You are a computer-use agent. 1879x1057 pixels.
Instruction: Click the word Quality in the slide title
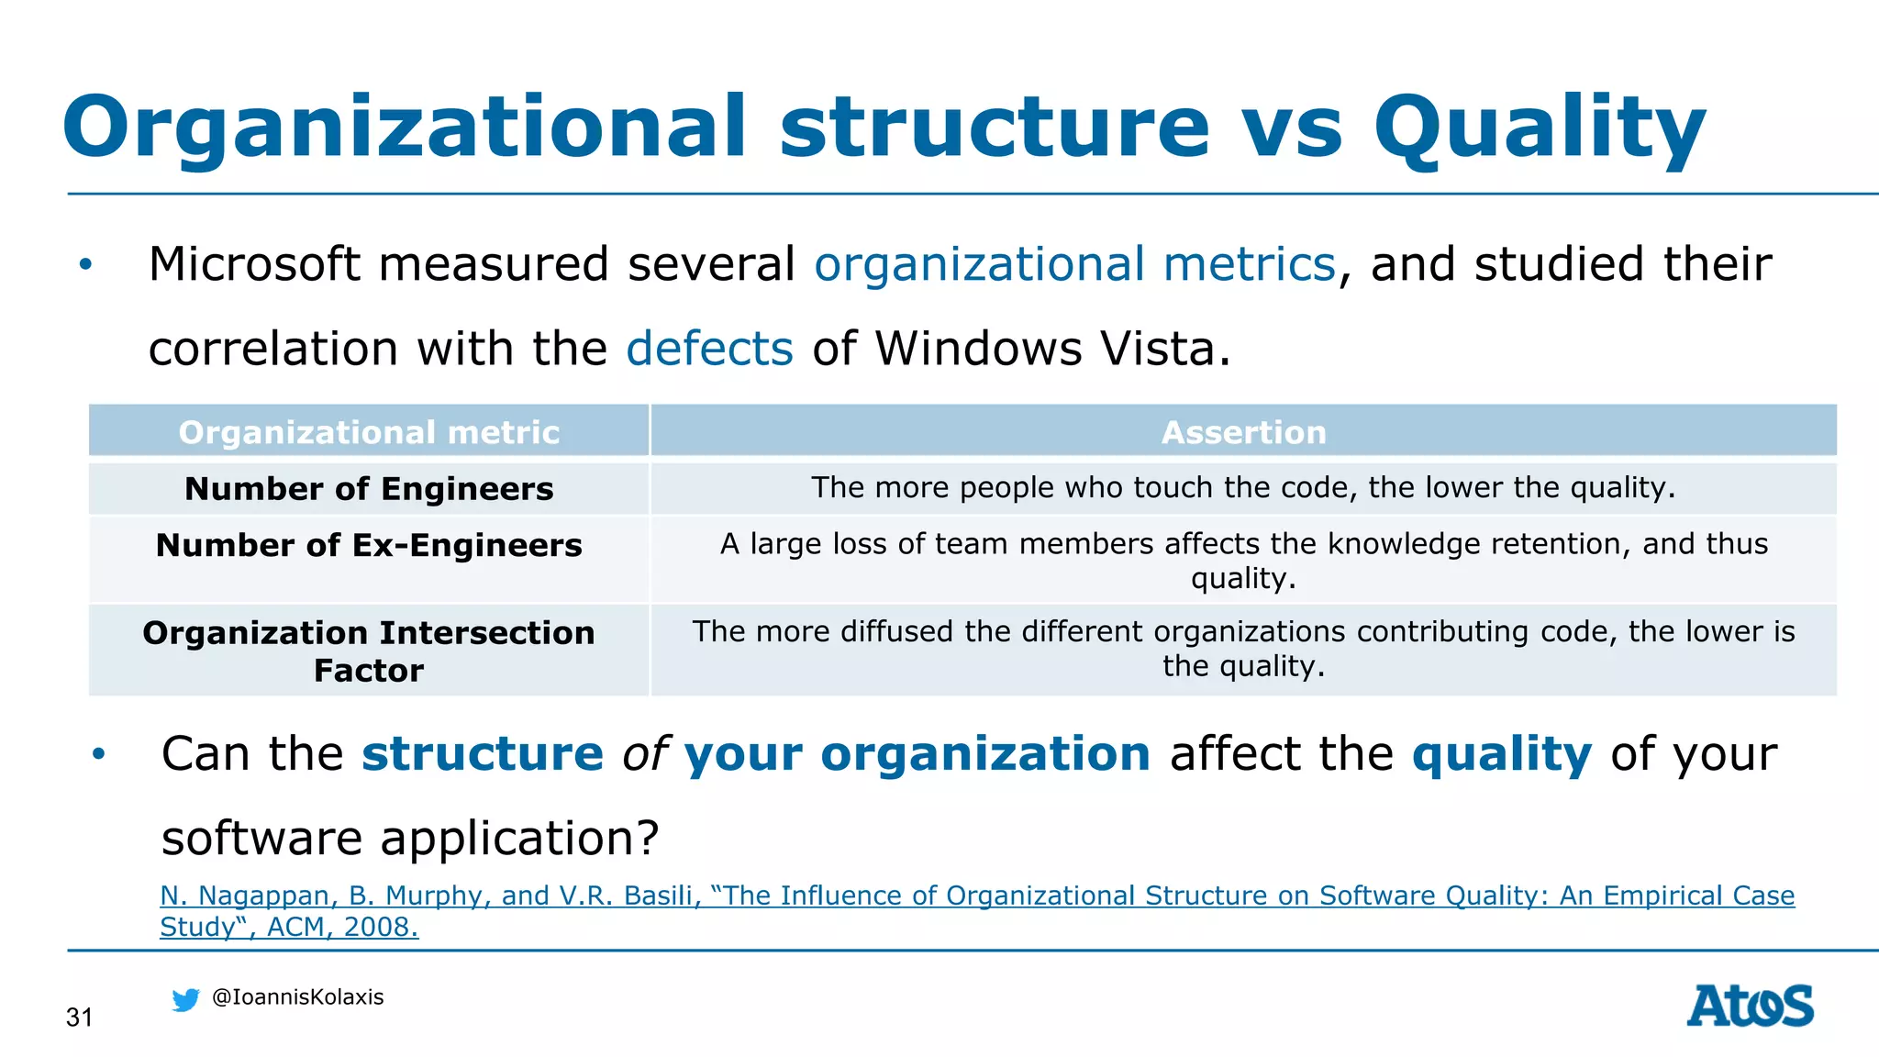(x=1539, y=128)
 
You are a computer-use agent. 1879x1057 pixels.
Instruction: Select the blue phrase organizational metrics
(x=1074, y=265)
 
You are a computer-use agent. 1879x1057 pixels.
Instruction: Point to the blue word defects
(x=709, y=350)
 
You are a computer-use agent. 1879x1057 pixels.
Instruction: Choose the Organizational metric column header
(x=369, y=432)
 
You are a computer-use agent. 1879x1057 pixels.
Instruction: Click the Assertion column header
(x=1243, y=432)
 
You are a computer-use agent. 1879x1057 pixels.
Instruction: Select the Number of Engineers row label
(x=369, y=489)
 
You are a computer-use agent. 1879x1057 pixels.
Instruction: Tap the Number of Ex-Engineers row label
(x=369, y=546)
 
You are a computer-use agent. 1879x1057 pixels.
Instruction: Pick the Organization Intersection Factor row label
(x=369, y=651)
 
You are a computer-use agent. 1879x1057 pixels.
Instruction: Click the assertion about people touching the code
(x=1243, y=487)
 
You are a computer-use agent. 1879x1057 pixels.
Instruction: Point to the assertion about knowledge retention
(x=1243, y=561)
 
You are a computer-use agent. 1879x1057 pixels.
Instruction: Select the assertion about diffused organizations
(x=1243, y=648)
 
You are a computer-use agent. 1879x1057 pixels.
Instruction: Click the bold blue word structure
(x=483, y=754)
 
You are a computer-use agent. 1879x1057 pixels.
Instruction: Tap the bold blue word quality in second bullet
(x=1501, y=754)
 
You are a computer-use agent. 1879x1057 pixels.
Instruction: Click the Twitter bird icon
(x=185, y=1000)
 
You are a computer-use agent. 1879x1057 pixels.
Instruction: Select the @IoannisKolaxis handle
(x=297, y=997)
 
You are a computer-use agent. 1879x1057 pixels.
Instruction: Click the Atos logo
(x=1750, y=1006)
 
